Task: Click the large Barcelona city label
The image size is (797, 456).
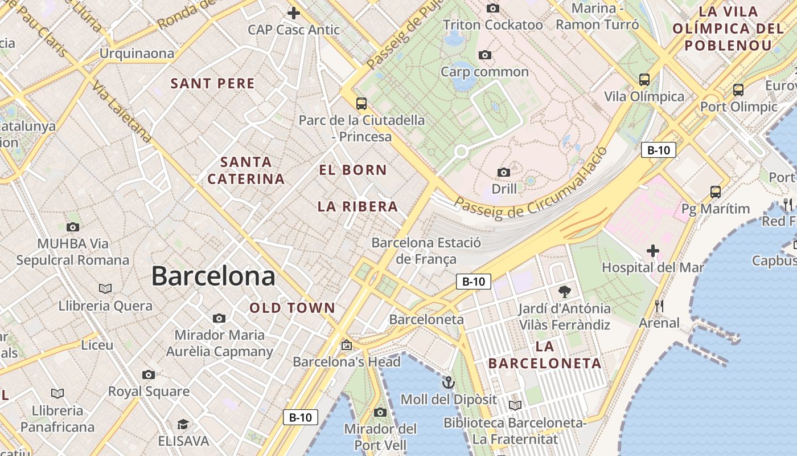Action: tap(213, 276)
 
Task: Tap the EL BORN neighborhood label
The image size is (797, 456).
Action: tap(353, 170)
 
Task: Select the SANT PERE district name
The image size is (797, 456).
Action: tap(213, 83)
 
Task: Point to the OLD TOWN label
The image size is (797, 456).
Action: tap(293, 308)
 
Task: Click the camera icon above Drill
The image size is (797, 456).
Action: tap(503, 172)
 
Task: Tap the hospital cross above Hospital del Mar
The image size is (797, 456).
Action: tap(653, 251)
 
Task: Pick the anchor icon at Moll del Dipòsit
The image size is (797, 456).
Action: tap(449, 382)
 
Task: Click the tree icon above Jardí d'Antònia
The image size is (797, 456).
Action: tap(564, 292)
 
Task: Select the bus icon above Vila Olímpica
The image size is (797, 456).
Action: tap(644, 80)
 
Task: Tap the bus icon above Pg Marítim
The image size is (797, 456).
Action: tap(716, 192)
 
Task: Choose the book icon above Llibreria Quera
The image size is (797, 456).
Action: tap(105, 289)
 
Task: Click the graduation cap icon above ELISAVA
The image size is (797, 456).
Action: tap(183, 425)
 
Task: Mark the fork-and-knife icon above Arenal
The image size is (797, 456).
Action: tap(659, 306)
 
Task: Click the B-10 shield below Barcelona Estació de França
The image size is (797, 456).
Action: tap(474, 281)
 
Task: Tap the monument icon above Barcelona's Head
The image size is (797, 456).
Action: tap(346, 345)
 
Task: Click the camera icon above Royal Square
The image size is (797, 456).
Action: tap(149, 374)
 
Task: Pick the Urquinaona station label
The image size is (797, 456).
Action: tap(137, 54)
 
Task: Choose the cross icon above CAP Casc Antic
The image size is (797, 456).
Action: tap(294, 13)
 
